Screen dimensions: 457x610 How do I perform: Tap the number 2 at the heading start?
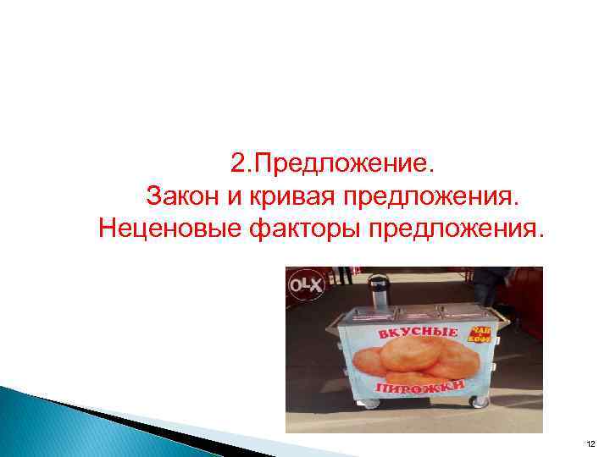point(238,161)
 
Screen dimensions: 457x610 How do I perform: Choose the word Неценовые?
point(175,228)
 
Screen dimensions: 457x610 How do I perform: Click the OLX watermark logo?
point(306,285)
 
